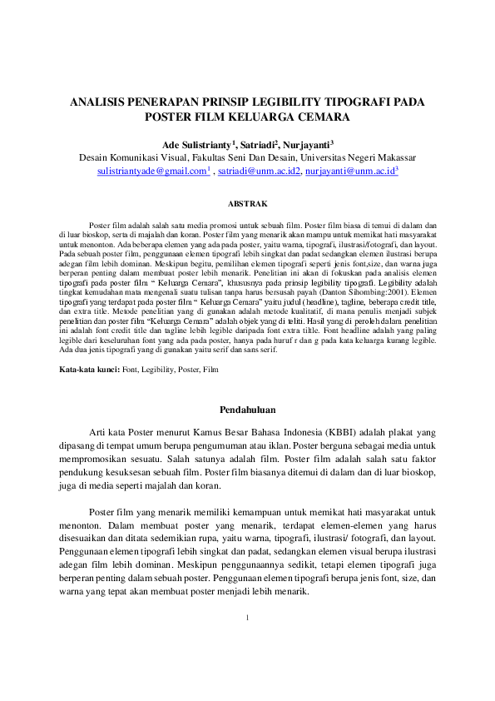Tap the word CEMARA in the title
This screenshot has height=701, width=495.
click(x=317, y=117)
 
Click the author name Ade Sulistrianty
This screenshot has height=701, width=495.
click(x=196, y=143)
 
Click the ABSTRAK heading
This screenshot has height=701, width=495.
click(x=247, y=203)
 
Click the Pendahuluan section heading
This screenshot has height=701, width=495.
click(x=247, y=409)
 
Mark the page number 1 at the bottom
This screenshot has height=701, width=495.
click(x=247, y=617)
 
